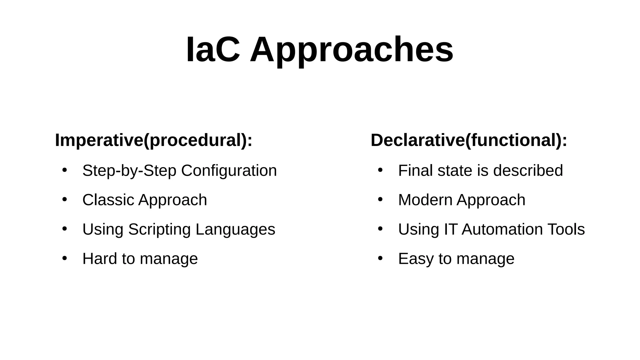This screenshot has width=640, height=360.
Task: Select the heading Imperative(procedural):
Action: [x=153, y=140]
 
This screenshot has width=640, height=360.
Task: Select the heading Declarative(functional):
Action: [x=469, y=140]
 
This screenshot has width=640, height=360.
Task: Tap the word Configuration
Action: [x=229, y=171]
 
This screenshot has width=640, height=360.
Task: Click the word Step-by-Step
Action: [x=129, y=171]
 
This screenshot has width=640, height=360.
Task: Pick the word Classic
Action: [x=108, y=200]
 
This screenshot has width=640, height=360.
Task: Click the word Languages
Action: [x=235, y=230]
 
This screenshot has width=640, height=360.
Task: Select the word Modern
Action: [x=425, y=200]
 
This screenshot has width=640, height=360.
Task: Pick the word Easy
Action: [x=416, y=259]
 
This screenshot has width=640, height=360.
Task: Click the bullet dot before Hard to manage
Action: [x=65, y=258]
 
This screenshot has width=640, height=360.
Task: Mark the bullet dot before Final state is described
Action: [x=380, y=170]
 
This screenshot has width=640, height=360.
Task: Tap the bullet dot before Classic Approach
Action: [x=65, y=199]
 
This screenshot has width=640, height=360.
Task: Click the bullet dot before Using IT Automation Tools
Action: [x=380, y=229]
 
